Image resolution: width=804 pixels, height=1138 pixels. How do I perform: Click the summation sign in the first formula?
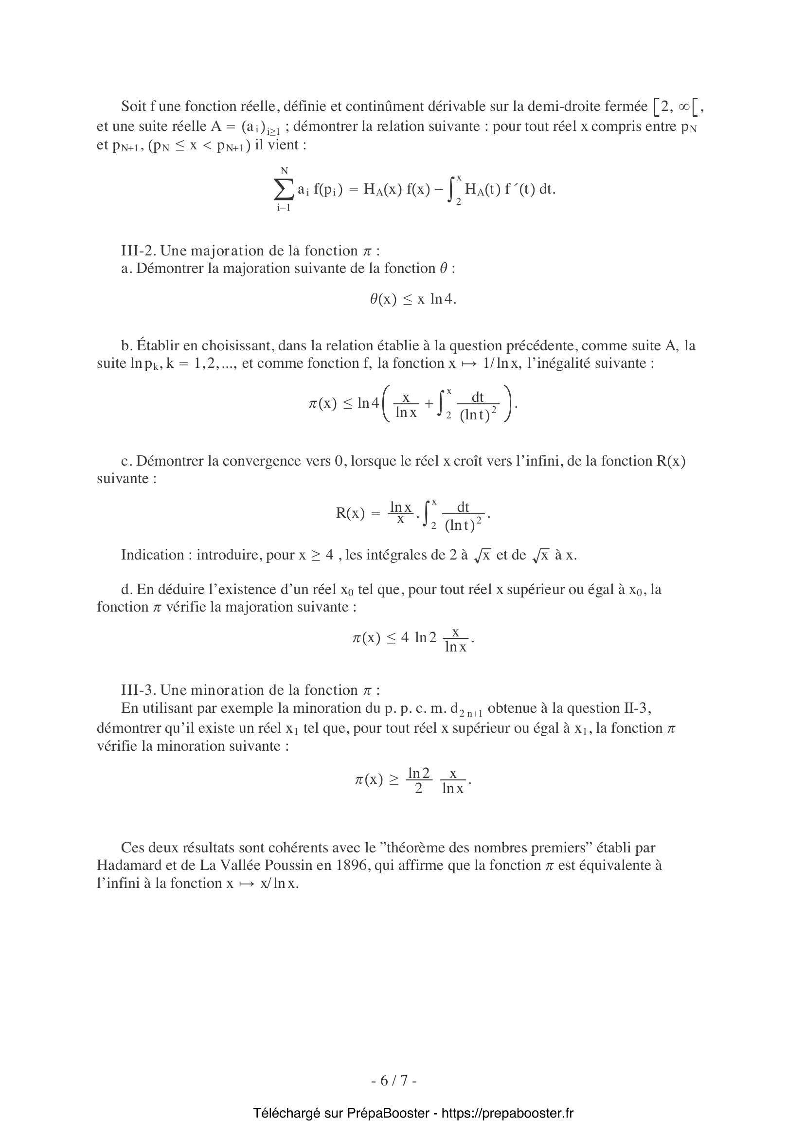(284, 189)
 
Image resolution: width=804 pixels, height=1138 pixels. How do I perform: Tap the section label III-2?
(139, 251)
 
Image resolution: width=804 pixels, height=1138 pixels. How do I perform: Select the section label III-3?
(139, 690)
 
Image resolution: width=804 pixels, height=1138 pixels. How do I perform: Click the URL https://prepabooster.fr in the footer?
(507, 1113)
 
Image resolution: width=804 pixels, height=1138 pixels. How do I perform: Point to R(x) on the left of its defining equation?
(350, 513)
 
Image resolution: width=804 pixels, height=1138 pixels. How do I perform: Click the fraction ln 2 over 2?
(419, 780)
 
